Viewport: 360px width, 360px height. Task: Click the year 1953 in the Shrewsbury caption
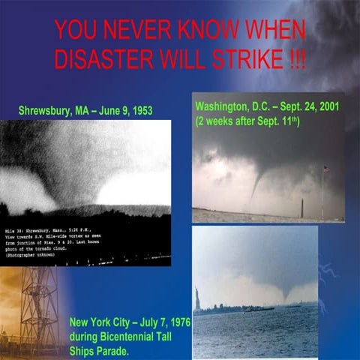click(x=139, y=111)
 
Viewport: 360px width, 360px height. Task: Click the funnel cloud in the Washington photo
click(x=258, y=180)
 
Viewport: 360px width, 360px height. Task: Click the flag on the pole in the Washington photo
click(x=325, y=169)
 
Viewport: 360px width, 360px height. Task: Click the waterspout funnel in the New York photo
click(x=286, y=289)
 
